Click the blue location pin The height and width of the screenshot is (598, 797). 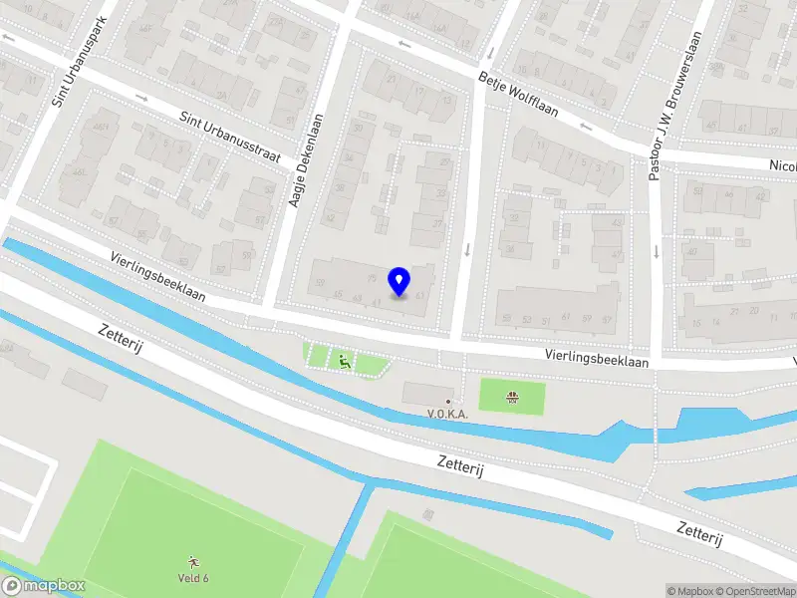399,281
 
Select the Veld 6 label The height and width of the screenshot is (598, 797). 192,578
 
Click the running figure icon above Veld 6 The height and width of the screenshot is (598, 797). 192,562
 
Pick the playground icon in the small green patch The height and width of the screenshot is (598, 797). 344,361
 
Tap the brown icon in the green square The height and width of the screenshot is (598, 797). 512,397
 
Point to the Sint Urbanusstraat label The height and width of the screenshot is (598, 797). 230,139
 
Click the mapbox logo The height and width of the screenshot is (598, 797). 44,586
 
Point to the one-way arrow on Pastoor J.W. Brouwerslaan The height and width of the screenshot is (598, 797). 657,250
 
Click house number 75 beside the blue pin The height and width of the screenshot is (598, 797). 372,278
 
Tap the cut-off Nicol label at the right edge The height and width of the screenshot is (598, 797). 783,165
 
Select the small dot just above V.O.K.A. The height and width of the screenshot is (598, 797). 448,401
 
